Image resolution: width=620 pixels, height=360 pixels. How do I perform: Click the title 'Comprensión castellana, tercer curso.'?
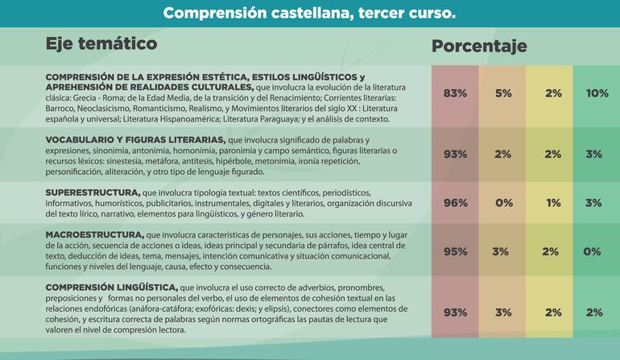pos(309,14)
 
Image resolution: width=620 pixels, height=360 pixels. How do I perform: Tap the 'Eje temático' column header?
pos(101,43)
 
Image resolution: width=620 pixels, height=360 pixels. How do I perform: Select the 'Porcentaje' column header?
pos(479,46)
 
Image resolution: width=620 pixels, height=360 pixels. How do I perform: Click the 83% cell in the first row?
pos(455,93)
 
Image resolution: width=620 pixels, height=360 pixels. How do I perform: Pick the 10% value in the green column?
pos(597,93)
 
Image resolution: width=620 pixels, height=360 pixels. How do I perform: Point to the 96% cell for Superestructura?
pos(455,203)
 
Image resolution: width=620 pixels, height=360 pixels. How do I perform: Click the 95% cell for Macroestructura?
pos(455,251)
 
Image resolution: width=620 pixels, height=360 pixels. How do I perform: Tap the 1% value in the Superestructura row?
pos(553,203)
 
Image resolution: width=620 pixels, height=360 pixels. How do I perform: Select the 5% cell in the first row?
pos(503,93)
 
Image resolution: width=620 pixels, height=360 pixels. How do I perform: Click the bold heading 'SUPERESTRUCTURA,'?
pos(93,193)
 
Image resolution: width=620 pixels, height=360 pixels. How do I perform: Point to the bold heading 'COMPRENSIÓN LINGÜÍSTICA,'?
pos(111,287)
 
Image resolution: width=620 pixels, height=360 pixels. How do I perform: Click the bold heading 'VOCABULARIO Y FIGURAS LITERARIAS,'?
pos(135,139)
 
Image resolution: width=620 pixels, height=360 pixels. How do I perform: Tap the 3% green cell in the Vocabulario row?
pos(594,154)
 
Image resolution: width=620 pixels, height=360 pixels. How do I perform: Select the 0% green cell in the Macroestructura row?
pos(593,251)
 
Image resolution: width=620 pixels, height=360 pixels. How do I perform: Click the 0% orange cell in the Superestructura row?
pos(504,203)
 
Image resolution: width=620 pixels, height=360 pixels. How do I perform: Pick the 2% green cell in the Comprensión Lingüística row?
pos(594,312)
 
